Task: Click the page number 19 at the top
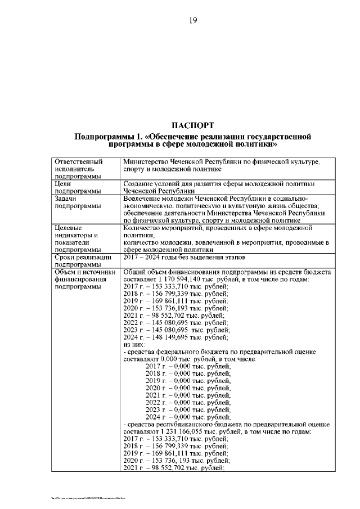[192, 20]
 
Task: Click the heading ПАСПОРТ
[192, 124]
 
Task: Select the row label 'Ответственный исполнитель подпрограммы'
[79, 169]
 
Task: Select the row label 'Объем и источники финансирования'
[83, 279]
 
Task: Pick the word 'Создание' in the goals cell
[138, 184]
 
